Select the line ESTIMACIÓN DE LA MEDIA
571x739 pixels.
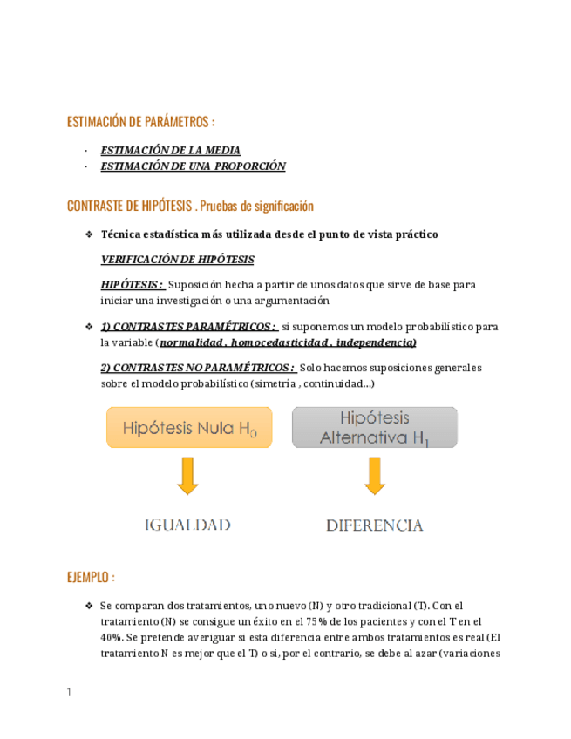pos(171,150)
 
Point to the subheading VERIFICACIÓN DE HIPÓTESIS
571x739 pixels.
pos(178,260)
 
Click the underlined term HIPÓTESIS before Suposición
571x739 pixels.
pos(132,284)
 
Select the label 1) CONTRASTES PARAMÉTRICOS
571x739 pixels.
pos(188,327)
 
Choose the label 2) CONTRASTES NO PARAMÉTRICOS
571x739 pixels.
pos(197,368)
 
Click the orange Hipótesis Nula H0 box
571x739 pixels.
pos(189,428)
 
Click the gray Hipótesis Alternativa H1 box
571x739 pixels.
pos(375,428)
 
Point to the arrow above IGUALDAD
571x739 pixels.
pos(187,476)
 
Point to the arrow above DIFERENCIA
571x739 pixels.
pos(375,476)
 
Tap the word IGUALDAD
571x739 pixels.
pos(187,525)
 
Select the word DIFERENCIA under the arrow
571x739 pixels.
pos(375,525)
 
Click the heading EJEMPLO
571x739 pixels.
pos(91,578)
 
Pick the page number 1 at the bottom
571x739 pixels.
pos(69,693)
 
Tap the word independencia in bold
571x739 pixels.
pos(376,342)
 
